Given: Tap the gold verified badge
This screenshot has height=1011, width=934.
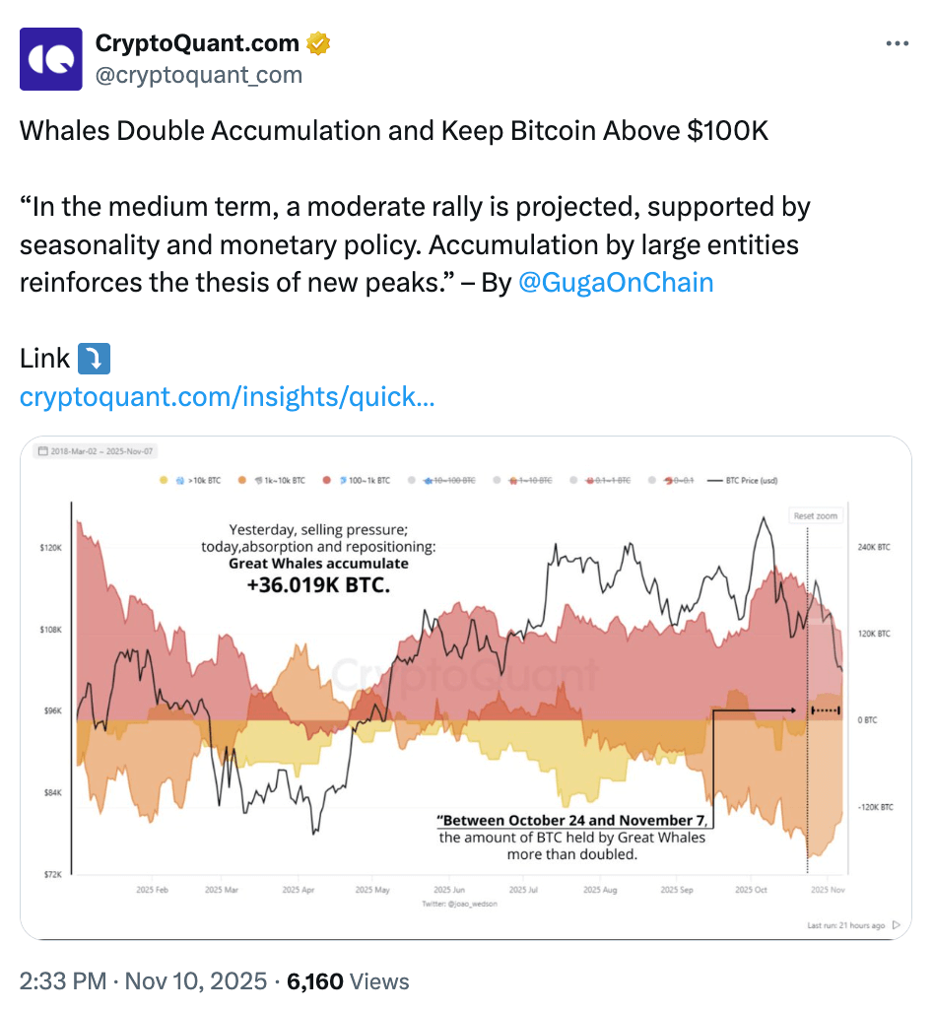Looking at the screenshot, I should click(x=317, y=43).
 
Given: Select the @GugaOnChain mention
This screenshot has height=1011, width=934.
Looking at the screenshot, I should click(x=615, y=283).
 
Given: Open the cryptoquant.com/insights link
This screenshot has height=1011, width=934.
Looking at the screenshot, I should click(x=227, y=397).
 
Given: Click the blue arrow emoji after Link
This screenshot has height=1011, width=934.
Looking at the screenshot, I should click(x=94, y=359).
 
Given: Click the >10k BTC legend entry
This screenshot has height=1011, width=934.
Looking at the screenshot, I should click(x=198, y=481).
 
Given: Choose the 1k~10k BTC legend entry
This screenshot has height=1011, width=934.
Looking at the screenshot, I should click(x=280, y=481).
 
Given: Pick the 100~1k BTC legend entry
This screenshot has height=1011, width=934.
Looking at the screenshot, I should click(x=365, y=481).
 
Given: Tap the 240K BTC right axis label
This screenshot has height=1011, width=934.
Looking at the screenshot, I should click(x=873, y=547).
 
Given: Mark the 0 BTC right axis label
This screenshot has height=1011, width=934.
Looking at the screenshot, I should click(x=866, y=720).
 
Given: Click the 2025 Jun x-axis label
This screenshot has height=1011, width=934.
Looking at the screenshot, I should click(x=449, y=890).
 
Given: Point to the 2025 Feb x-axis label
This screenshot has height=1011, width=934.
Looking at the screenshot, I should click(x=153, y=890).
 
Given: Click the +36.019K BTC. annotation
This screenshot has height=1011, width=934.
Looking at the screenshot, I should click(x=318, y=585).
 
